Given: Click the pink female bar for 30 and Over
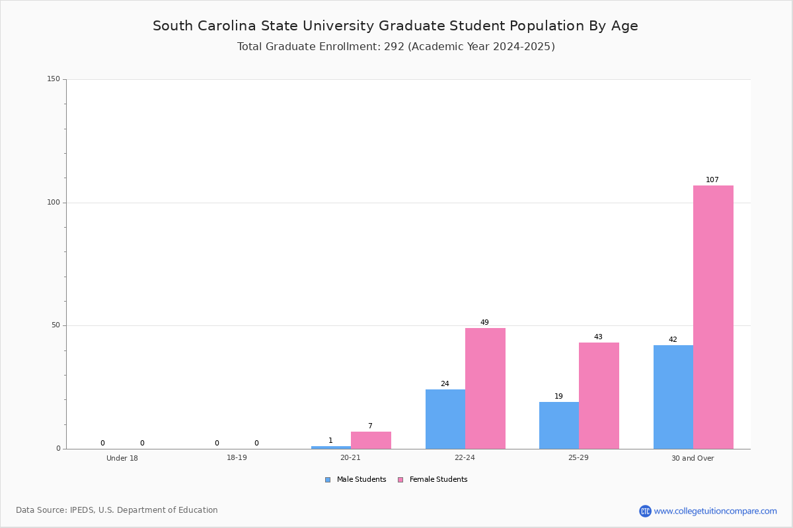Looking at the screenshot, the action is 713,317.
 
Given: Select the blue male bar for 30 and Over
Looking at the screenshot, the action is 673,397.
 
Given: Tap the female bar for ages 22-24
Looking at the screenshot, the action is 485,389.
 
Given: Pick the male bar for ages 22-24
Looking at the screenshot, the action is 445,419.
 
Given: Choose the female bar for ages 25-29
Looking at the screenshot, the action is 599,396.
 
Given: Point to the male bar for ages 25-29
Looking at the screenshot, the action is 559,426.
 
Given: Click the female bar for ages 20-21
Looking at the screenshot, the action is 371,440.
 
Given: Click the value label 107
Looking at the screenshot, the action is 712,180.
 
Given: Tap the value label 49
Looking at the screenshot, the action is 484,322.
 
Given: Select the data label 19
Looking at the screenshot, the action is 558,396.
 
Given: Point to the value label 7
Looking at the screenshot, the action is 370,426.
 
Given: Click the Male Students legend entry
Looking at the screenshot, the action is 356,480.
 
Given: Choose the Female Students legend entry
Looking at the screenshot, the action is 433,480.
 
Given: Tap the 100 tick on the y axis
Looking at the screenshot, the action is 54,202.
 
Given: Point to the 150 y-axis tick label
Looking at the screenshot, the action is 54,79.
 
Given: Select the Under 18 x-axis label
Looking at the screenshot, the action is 122,458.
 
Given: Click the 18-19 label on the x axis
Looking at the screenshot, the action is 237,457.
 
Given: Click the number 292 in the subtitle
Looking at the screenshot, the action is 394,47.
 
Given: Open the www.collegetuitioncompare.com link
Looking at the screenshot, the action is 716,511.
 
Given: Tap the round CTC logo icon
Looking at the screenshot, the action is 645,511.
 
